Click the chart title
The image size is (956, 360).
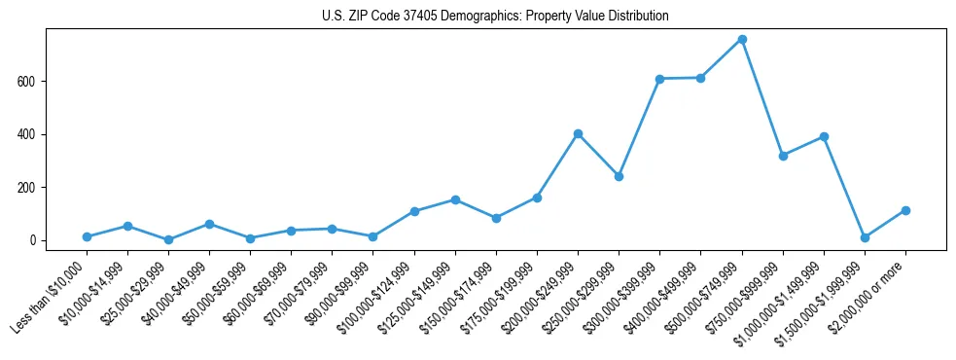click(495, 17)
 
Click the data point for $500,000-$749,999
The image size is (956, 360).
click(742, 39)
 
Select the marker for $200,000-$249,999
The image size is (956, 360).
click(578, 133)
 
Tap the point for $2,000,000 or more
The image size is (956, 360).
click(905, 210)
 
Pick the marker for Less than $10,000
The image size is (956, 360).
click(87, 236)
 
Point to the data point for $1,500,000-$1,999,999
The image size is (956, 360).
click(865, 237)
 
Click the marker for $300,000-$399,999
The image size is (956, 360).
click(659, 79)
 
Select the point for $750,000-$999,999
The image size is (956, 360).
click(783, 156)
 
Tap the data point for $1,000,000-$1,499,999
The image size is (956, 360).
click(824, 136)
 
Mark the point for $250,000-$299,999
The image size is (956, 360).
click(619, 176)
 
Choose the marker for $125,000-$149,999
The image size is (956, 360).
click(455, 199)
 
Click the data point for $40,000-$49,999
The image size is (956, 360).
click(209, 224)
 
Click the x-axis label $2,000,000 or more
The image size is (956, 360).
click(871, 291)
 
